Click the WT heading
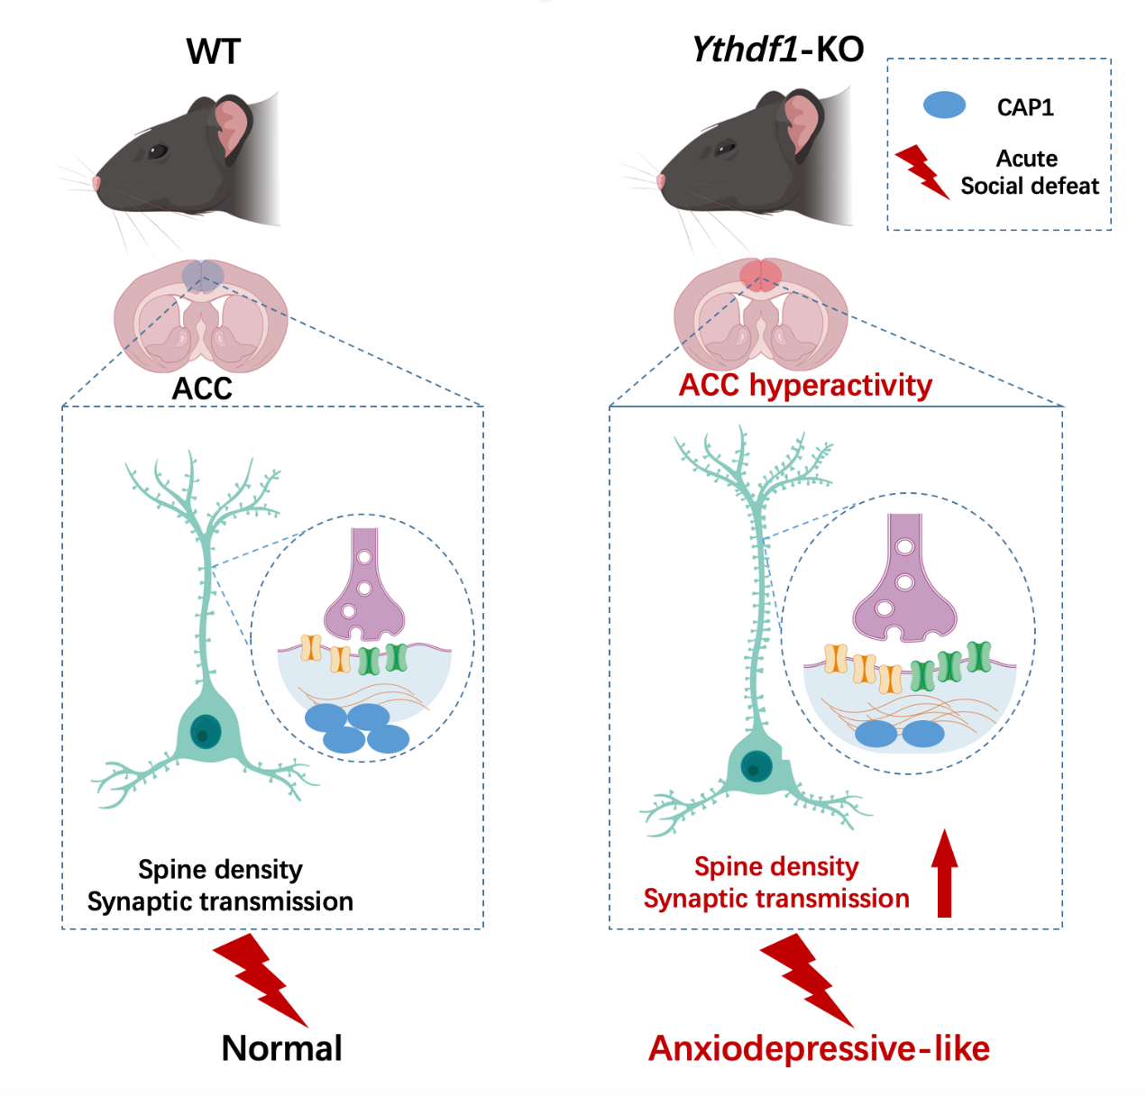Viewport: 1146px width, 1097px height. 213,51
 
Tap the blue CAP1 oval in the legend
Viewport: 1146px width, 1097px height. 944,105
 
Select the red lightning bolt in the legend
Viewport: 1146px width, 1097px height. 922,171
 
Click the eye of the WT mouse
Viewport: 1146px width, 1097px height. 158,151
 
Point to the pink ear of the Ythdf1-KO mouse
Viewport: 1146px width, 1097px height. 802,123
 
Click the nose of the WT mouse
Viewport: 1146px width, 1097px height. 96,183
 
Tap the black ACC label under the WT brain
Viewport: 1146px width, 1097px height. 202,389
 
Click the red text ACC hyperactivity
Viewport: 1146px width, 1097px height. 805,386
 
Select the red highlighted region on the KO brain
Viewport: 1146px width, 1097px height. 760,275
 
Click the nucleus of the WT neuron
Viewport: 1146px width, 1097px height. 206,732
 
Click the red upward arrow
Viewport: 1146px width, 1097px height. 944,873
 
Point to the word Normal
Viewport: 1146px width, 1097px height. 281,1048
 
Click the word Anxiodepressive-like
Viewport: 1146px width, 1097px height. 819,1048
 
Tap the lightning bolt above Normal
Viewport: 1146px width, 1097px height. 261,980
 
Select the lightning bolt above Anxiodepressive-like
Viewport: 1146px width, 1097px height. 806,980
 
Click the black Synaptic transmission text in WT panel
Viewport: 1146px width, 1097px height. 220,901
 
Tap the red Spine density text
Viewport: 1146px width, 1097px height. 776,867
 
